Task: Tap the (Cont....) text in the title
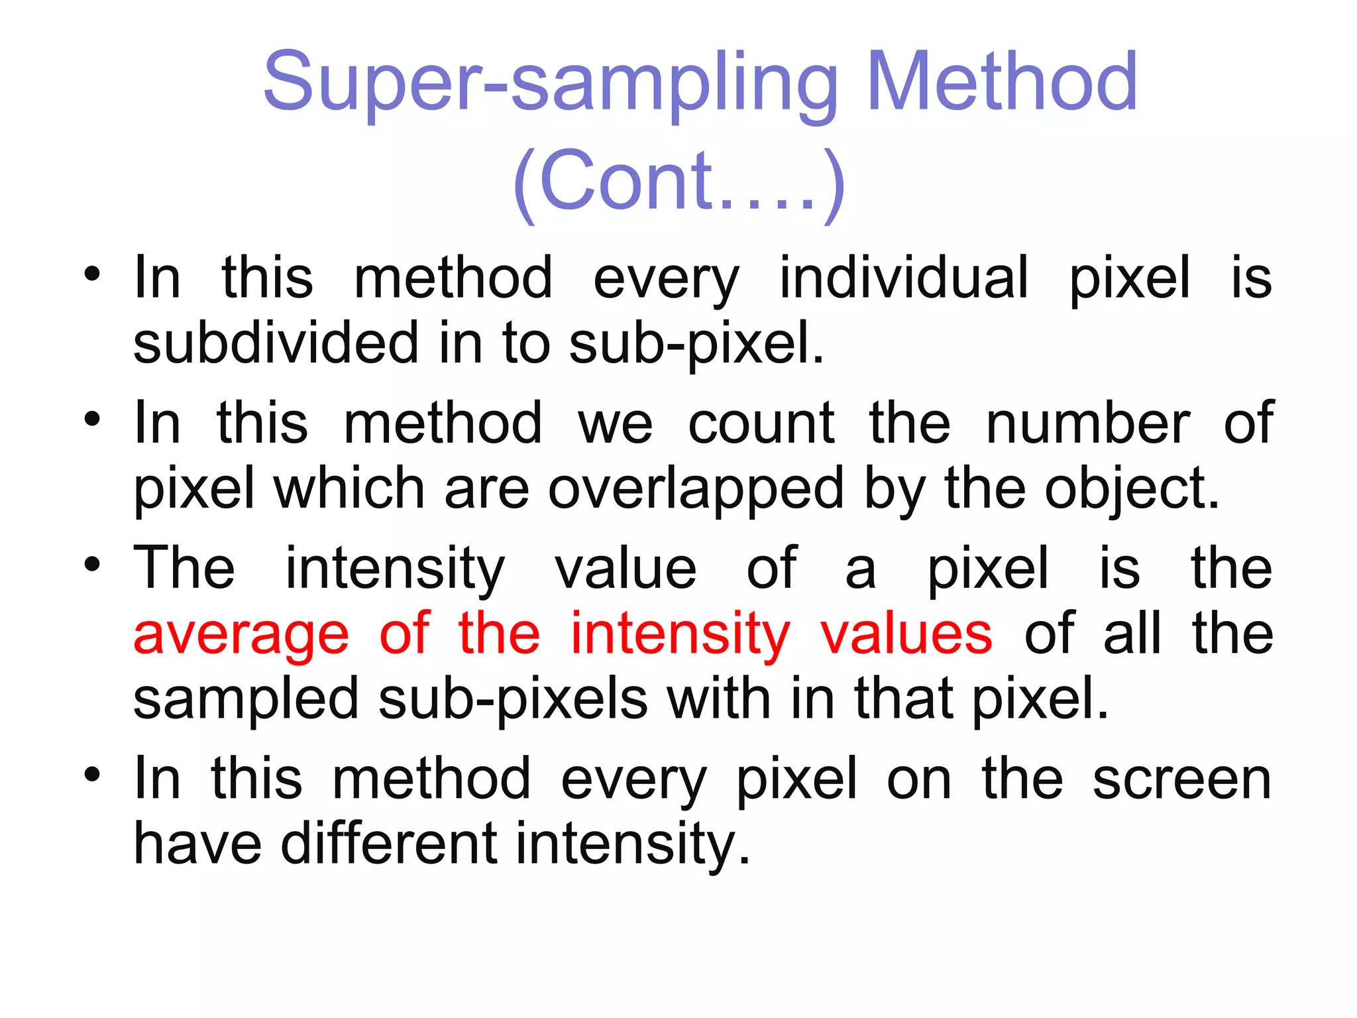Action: point(678,182)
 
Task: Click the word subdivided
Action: point(276,343)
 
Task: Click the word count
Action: point(761,424)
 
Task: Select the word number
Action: point(1087,424)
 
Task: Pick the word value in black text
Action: point(625,569)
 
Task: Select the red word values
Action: point(906,634)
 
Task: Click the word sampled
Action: point(246,700)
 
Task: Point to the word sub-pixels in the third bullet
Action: point(513,700)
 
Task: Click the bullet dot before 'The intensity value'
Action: point(92,565)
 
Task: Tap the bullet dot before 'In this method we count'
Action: point(92,420)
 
